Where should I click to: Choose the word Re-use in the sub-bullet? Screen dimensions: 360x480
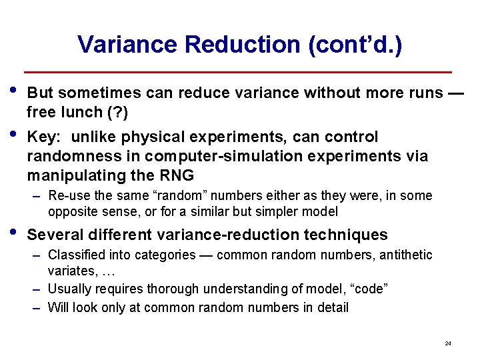click(x=66, y=196)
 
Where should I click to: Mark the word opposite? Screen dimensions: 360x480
click(x=71, y=212)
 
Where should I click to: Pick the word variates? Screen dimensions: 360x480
click(x=70, y=271)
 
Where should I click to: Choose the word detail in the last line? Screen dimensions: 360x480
click(x=331, y=307)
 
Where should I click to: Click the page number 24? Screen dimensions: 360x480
click(x=447, y=343)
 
